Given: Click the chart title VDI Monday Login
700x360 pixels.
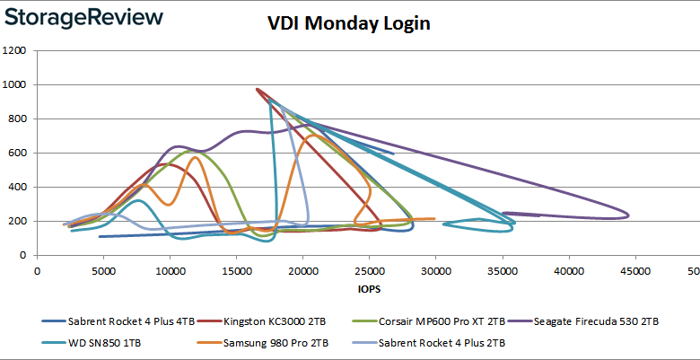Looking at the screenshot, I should click(350, 23).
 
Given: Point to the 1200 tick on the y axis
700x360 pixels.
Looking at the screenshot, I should click(13, 51).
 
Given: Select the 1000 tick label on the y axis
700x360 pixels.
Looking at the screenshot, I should click(13, 85).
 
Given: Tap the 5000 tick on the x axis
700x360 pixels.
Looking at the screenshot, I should click(103, 269).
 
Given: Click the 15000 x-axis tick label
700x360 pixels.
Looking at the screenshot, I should click(236, 269).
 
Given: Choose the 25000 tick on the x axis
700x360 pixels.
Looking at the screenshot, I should click(369, 269).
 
